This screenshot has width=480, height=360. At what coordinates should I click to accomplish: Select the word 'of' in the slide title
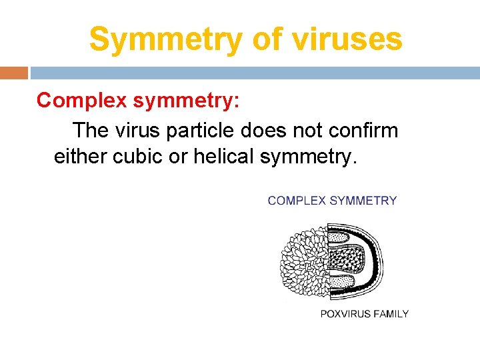pos(267,39)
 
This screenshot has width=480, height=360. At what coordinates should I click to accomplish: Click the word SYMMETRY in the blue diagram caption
pos(365,201)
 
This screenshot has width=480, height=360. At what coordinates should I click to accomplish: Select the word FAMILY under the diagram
pos(392,313)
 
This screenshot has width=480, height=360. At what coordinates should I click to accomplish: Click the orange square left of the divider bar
pos(14,73)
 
